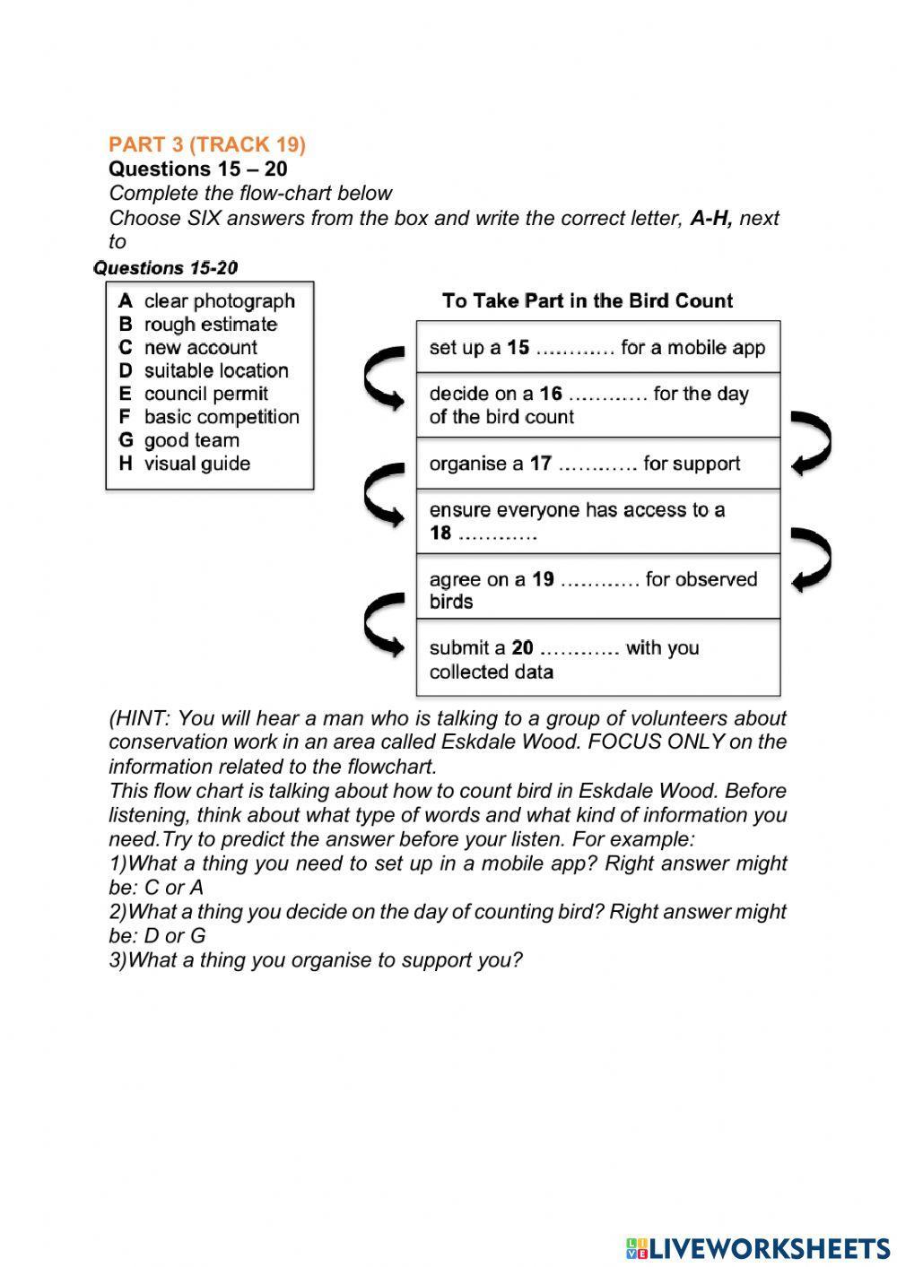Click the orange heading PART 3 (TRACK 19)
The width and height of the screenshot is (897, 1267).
(x=207, y=144)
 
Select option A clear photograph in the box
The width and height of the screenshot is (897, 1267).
(x=207, y=301)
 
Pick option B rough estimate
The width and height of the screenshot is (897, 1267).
(x=198, y=325)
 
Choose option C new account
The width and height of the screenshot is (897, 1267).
(x=188, y=348)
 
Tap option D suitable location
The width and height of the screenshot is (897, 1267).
(x=204, y=371)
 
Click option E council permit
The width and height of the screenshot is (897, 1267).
(x=194, y=395)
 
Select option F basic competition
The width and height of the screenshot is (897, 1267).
(x=209, y=418)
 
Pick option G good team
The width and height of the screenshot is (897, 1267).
(x=179, y=441)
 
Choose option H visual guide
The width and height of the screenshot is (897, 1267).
(x=185, y=464)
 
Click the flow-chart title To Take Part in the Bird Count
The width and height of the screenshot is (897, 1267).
(x=588, y=301)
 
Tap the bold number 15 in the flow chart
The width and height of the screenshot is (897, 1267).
(x=518, y=348)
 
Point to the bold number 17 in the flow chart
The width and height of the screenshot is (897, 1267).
(x=540, y=464)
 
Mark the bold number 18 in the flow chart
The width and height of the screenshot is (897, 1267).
(x=440, y=534)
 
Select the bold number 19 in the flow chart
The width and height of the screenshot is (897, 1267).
(x=543, y=579)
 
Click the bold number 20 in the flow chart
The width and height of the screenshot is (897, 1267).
(x=522, y=647)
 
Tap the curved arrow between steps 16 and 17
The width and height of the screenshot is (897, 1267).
(x=812, y=441)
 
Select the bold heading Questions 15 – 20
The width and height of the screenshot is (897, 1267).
(x=198, y=169)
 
